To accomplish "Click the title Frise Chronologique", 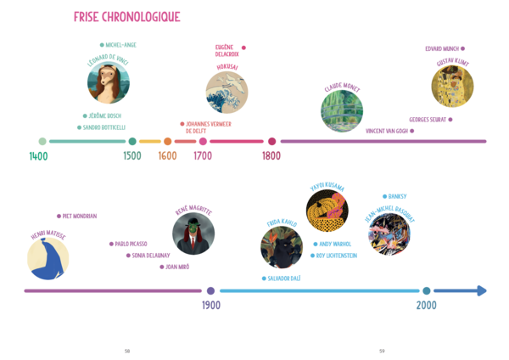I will (126, 17).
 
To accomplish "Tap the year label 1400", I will (38, 156).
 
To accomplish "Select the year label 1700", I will (203, 156).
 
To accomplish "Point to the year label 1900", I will (211, 306).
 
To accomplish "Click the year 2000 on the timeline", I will (426, 306).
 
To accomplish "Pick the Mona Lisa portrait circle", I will (109, 83).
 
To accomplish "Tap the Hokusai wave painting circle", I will (227, 92).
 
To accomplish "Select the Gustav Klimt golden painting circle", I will (452, 87).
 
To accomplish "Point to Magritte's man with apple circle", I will (193, 233).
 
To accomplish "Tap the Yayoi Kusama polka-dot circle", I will (327, 210).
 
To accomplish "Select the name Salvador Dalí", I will (290, 278).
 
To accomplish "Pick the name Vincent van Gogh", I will (386, 131).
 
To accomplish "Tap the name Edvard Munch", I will (442, 48).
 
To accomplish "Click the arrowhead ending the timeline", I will (482, 290).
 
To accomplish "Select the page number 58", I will (126, 351).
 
